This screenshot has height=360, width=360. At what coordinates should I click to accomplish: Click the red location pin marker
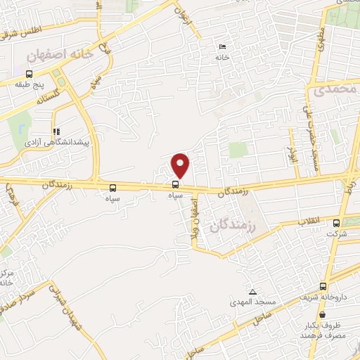pos(181,165)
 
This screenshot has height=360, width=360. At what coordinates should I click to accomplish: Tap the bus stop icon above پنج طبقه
pos(30,73)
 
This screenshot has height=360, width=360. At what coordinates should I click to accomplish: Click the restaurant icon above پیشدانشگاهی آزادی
pos(56,131)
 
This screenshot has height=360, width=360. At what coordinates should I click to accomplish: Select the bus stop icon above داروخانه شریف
pos(323,286)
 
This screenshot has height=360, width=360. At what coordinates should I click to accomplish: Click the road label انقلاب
pos(310,221)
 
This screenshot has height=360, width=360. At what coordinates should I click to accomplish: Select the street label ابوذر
pos(290,148)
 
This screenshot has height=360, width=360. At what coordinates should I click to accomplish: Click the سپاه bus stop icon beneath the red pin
pos(174,186)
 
